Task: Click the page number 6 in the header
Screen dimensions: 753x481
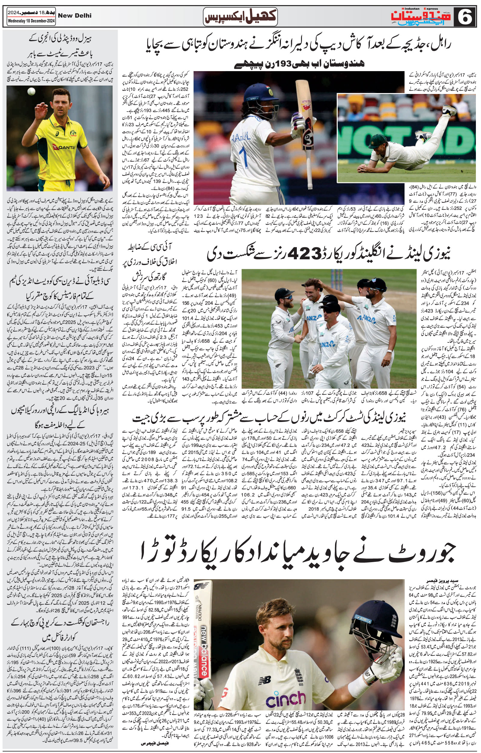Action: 465,17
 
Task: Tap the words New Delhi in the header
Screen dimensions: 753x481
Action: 75,15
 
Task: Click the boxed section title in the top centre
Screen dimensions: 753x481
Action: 240,16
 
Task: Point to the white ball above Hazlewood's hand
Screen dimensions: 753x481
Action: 31,91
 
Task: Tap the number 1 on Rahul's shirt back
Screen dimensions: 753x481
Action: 243,155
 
